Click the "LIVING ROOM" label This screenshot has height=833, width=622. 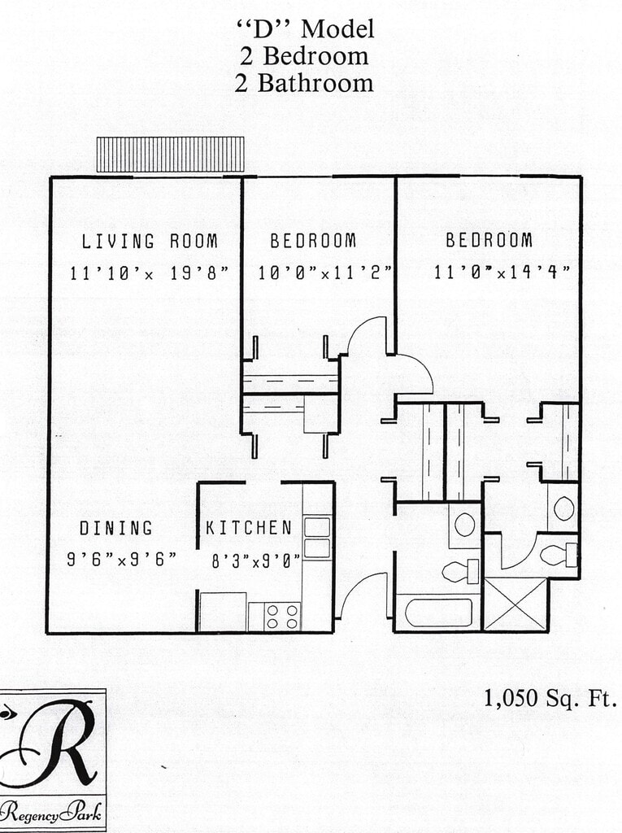pos(150,241)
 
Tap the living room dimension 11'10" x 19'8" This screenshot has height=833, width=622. pos(150,273)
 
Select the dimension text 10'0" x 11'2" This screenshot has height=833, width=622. pos(324,273)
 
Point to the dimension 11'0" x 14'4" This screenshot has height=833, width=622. pos(501,272)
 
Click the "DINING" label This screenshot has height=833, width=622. pos(115,528)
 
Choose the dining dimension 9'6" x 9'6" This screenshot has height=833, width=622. pos(121,560)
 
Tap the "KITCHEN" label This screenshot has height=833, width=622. pos(248,528)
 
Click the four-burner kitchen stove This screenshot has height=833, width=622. pos(282,616)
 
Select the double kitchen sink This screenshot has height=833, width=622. pos(317,537)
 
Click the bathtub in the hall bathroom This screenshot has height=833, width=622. pos(438,612)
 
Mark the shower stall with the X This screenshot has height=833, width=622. pos(515,604)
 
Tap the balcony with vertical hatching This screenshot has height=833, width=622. pos(170,154)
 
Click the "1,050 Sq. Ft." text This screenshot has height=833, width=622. pos(550,698)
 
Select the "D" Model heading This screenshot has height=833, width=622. pos(304,29)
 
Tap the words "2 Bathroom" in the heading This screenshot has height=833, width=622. pos(304,83)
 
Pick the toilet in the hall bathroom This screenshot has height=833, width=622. pos(459,570)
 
